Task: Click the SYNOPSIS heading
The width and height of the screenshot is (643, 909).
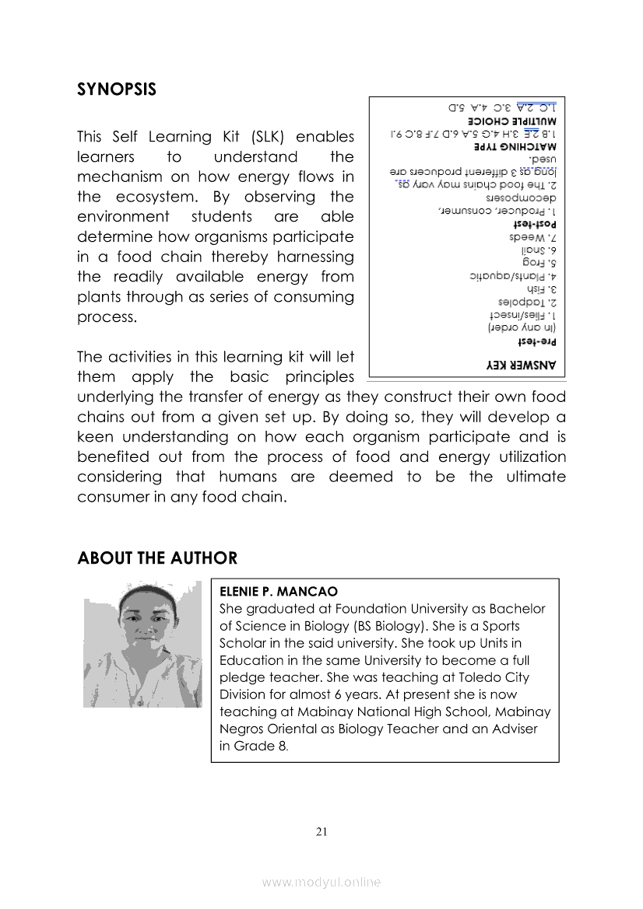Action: pyautogui.click(x=117, y=89)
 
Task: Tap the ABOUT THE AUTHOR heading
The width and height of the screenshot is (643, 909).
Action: pyautogui.click(x=157, y=558)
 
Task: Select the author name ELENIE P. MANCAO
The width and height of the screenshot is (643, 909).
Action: pyautogui.click(x=279, y=592)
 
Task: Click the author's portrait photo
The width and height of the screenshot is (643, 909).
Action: pyautogui.click(x=142, y=644)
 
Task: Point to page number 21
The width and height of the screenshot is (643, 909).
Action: pyautogui.click(x=321, y=832)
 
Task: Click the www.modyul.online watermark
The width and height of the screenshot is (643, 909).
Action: pyautogui.click(x=321, y=883)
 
